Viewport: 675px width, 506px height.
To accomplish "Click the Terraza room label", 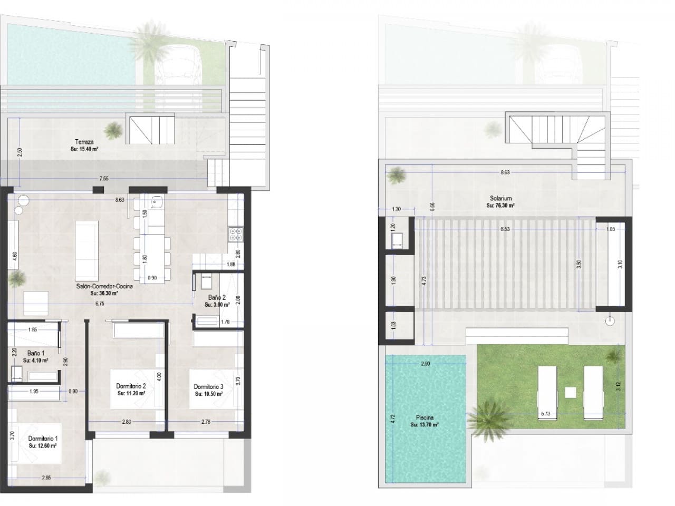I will pos(84,142).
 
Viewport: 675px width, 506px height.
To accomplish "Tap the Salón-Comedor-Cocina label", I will pos(103,287).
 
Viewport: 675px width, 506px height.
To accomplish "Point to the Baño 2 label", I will pos(216,297).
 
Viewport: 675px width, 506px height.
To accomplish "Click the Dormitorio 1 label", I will pos(43,438).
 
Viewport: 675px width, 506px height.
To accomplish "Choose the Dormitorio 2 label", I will pos(131,386).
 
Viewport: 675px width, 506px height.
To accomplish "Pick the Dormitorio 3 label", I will pos(208,386).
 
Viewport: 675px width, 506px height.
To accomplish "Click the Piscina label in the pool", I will pos(425,417).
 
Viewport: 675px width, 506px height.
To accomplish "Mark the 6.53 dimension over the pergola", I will pos(505,229).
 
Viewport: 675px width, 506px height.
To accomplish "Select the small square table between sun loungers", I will pos(570,393).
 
